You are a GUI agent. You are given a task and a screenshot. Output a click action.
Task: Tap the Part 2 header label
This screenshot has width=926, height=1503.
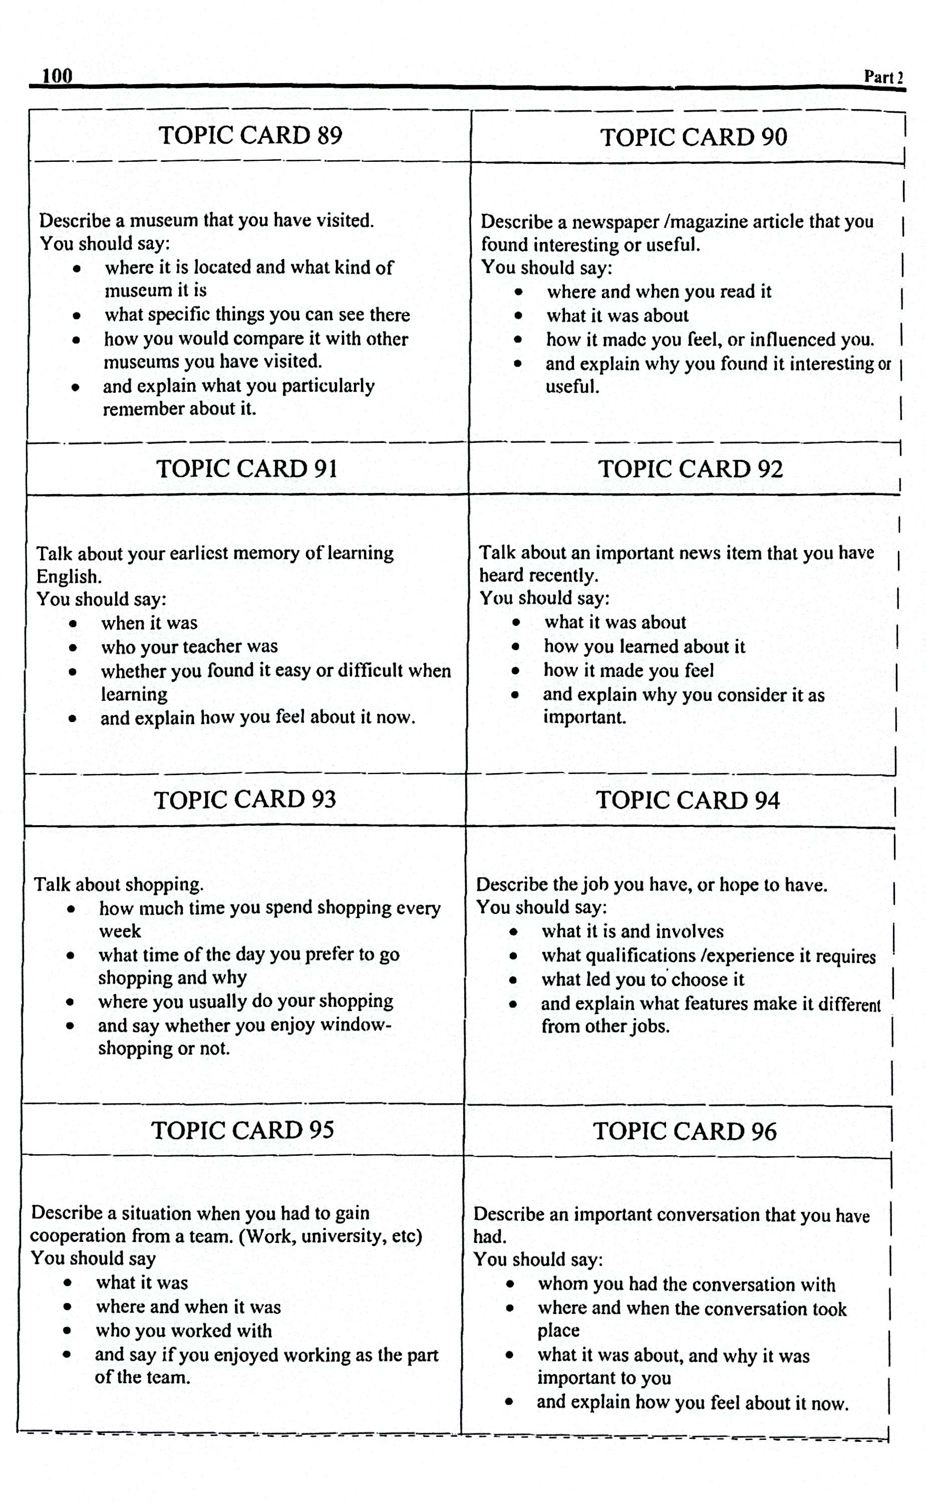882,77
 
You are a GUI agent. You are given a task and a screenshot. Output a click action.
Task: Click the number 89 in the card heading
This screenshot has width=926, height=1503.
330,135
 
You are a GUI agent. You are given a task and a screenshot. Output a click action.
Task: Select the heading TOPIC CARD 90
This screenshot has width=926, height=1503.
693,137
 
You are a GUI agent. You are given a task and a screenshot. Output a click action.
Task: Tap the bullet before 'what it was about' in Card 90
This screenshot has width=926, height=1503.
518,316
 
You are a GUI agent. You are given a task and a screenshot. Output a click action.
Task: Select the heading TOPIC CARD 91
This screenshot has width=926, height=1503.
247,468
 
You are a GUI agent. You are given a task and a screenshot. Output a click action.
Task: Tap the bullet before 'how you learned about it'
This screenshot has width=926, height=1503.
516,647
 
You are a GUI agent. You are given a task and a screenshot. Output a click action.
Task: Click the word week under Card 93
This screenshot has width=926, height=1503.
120,931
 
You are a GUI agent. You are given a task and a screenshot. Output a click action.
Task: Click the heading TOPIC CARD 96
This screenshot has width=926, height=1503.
684,1131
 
